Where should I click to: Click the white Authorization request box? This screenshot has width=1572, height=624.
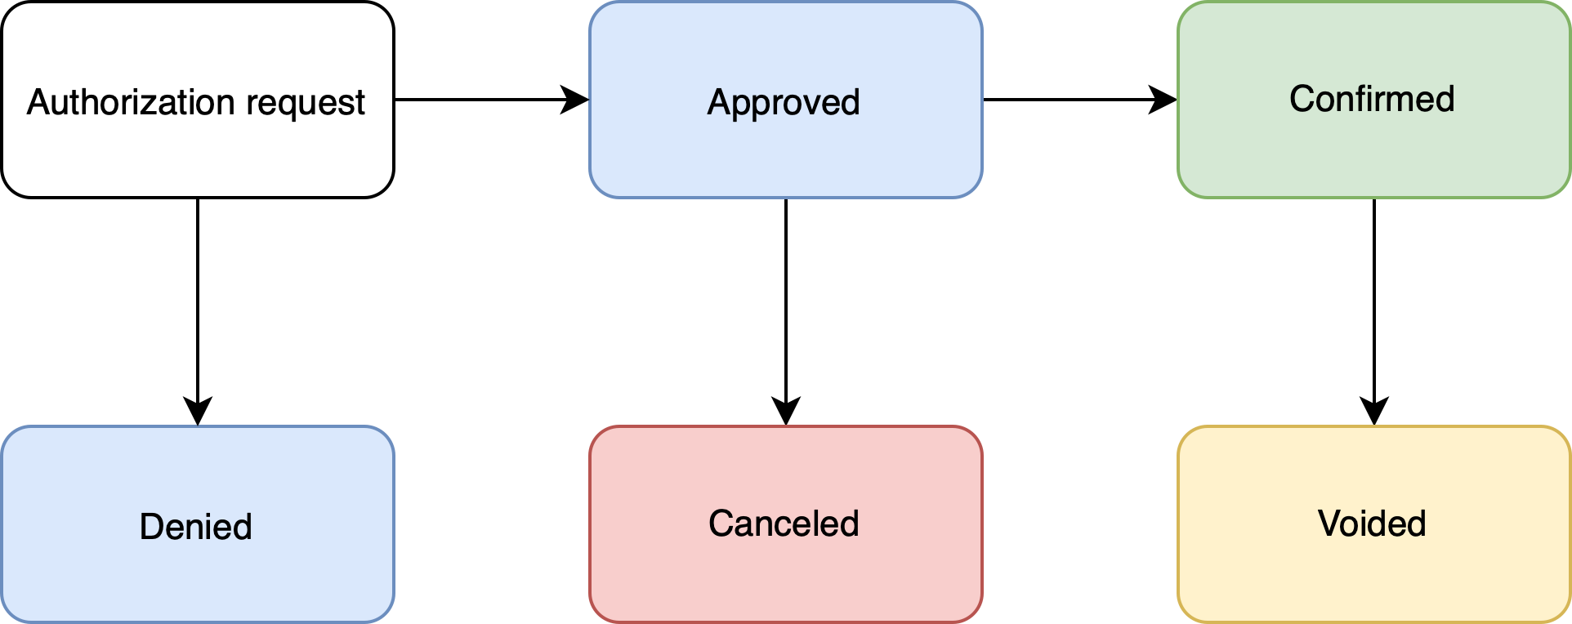[x=197, y=155]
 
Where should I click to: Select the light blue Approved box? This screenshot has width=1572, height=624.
[x=785, y=155]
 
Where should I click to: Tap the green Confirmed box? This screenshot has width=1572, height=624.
[x=1373, y=155]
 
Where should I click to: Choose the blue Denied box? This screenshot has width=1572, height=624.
[x=197, y=572]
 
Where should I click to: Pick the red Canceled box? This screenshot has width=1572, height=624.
[x=785, y=572]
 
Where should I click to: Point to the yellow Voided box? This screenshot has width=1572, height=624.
[x=1373, y=572]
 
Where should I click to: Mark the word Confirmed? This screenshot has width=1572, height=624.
[x=1372, y=99]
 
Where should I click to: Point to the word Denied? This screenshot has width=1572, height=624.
[x=196, y=527]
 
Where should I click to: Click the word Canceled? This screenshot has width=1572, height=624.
[x=784, y=524]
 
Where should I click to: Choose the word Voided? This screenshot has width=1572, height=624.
[x=1372, y=524]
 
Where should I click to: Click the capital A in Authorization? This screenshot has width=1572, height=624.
[x=38, y=103]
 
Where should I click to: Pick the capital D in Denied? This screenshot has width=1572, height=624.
[x=152, y=527]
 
